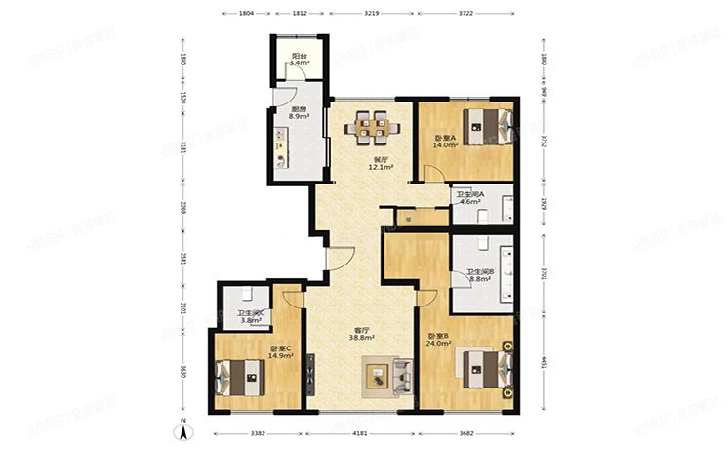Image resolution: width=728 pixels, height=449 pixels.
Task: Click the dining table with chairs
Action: click(x=370, y=124)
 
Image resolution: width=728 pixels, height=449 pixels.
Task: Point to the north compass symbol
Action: click(x=182, y=428)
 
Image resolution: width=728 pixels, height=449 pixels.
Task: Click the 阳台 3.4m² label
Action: click(x=300, y=60)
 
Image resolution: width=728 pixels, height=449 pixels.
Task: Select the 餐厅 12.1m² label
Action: click(x=380, y=163)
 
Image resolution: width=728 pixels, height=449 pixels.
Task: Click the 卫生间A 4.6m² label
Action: click(x=474, y=199)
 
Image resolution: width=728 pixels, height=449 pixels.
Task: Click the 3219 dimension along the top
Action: click(x=372, y=14)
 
